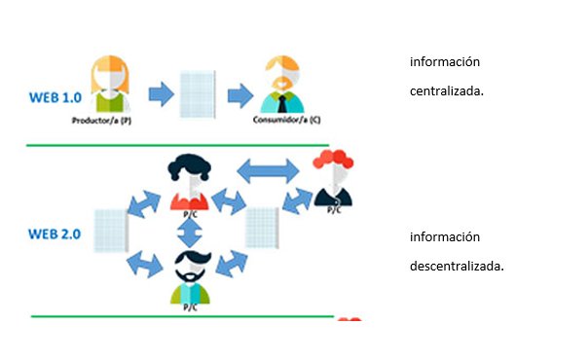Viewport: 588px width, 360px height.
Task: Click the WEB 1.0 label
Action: pos(55,97)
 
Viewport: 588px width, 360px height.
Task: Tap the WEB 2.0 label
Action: pos(55,234)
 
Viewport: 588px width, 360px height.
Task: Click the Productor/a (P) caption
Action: pos(101,121)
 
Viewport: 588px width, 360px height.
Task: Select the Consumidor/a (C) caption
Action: pos(287,120)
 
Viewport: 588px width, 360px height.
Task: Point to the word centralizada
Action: pos(447,91)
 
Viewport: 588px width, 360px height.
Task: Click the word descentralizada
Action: pos(457,267)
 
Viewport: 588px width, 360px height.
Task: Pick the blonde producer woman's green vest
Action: pos(110,102)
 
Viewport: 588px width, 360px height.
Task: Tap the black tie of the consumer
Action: pos(282,104)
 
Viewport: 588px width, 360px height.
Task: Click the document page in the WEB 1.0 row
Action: pos(198,94)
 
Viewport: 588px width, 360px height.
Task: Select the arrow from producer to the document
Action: pos(162,94)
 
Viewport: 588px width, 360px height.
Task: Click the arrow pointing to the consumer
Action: pos(240,95)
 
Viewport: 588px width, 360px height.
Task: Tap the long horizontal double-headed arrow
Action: pos(268,171)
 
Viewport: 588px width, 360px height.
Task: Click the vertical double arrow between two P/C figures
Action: pos(190,233)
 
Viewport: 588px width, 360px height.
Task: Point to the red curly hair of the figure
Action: pos(333,158)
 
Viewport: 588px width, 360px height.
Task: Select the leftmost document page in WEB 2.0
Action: pos(111,231)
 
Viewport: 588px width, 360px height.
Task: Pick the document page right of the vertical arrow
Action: pos(262,228)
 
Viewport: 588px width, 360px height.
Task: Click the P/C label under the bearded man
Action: pos(190,307)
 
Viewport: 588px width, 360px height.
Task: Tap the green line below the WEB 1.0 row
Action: pos(178,145)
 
